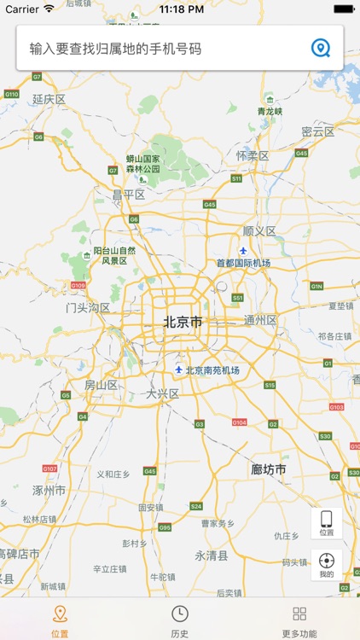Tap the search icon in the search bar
[321, 48]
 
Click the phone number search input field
[162, 48]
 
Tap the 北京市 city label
[183, 322]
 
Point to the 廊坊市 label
[269, 470]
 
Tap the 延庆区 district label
[49, 100]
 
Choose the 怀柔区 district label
[253, 156]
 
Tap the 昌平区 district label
[129, 195]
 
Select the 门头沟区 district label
[88, 308]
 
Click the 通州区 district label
[261, 320]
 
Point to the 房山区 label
[101, 386]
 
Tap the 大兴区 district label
[162, 394]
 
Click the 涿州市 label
[49, 491]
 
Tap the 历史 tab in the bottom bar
[179, 620]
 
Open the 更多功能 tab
[299, 620]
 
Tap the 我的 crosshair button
[326, 566]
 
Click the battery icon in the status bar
[344, 9]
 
